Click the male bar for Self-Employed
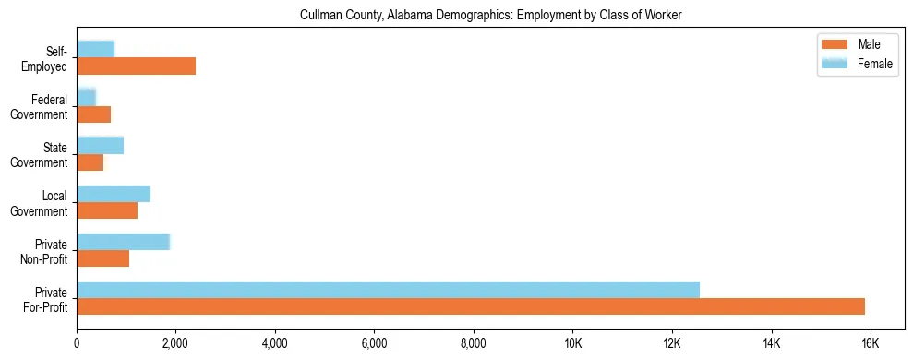136,66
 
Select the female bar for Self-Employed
95,49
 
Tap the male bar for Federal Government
93,114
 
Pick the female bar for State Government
100,145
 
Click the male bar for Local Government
107,210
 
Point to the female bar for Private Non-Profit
123,241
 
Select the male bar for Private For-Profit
471,306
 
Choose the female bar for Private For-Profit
388,289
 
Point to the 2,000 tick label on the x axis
175,344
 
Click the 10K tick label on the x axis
572,344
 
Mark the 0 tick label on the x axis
77,344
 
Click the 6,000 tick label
374,344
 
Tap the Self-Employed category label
49,58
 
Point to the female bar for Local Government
113,193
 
